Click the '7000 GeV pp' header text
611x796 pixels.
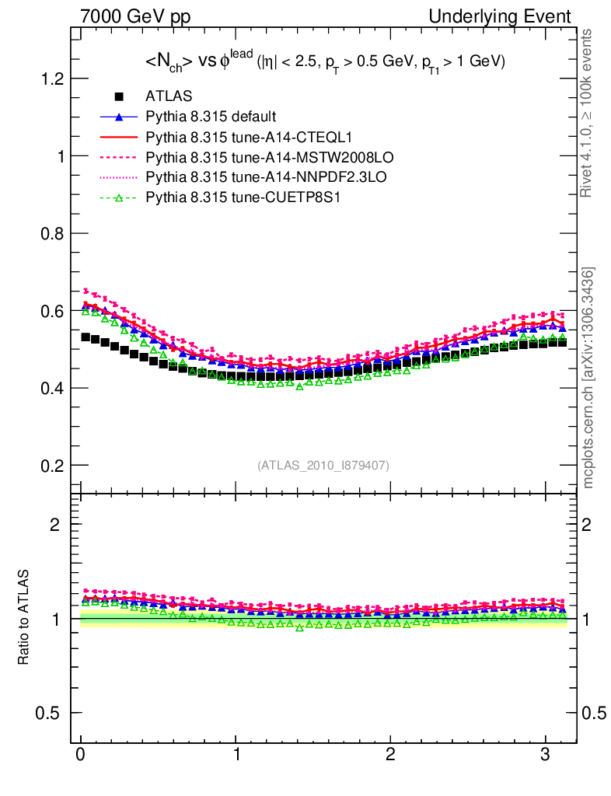(x=135, y=16)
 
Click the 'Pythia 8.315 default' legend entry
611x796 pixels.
(x=211, y=117)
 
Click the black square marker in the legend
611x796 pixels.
(x=119, y=96)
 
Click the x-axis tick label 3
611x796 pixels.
(x=545, y=755)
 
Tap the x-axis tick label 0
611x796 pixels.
(x=81, y=755)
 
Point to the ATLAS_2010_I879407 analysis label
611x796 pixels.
(x=323, y=465)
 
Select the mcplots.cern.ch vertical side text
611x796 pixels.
(x=588, y=378)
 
